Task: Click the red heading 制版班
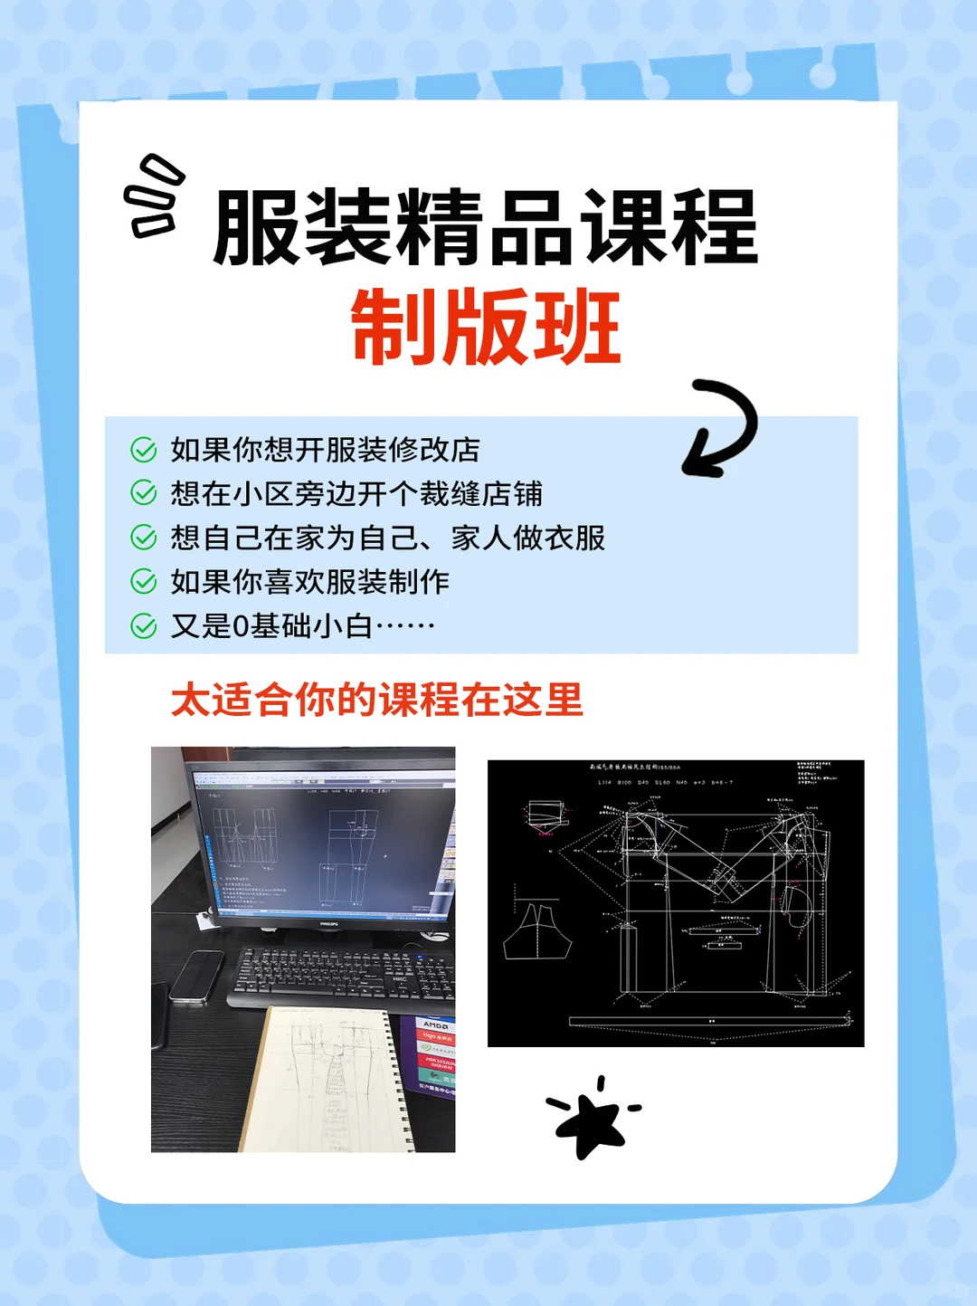[x=486, y=327]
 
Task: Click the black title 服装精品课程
[x=486, y=227]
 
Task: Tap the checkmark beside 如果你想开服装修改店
[x=144, y=450]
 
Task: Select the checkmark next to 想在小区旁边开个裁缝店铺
[x=144, y=493]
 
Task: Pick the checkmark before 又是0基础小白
[x=144, y=625]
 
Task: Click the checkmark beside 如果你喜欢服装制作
[x=144, y=581]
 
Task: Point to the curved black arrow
[x=720, y=428]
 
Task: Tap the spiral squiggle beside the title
[x=154, y=196]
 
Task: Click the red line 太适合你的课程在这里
[x=377, y=701]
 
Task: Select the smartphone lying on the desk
[x=196, y=976]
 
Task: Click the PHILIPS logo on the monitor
[x=328, y=924]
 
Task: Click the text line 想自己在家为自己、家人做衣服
[x=387, y=538]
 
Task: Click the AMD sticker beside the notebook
[x=435, y=1025]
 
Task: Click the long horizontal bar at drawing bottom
[x=710, y=1021]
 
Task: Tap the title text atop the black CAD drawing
[x=635, y=767]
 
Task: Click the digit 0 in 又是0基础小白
[x=241, y=626]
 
